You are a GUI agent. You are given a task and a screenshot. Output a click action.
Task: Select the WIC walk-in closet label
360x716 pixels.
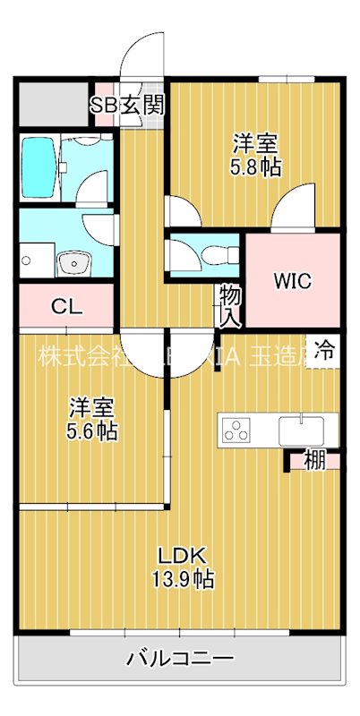pos(293,281)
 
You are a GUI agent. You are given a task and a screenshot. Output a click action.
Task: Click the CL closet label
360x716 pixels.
pos(66,307)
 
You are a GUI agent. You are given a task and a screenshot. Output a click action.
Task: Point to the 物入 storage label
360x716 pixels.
pos(229,304)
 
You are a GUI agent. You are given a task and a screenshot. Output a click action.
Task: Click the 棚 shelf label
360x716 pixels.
pos(313,462)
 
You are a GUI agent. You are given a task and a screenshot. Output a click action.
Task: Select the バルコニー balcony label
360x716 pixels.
pos(179,660)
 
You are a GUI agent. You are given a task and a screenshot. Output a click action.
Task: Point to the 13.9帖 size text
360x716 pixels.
pos(182,579)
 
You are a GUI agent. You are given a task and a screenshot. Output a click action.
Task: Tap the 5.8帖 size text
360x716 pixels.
pos(256,166)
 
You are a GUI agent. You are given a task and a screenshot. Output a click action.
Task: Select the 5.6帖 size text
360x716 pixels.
pos(93,430)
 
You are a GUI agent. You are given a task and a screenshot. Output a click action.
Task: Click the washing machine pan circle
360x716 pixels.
pos(26,261)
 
